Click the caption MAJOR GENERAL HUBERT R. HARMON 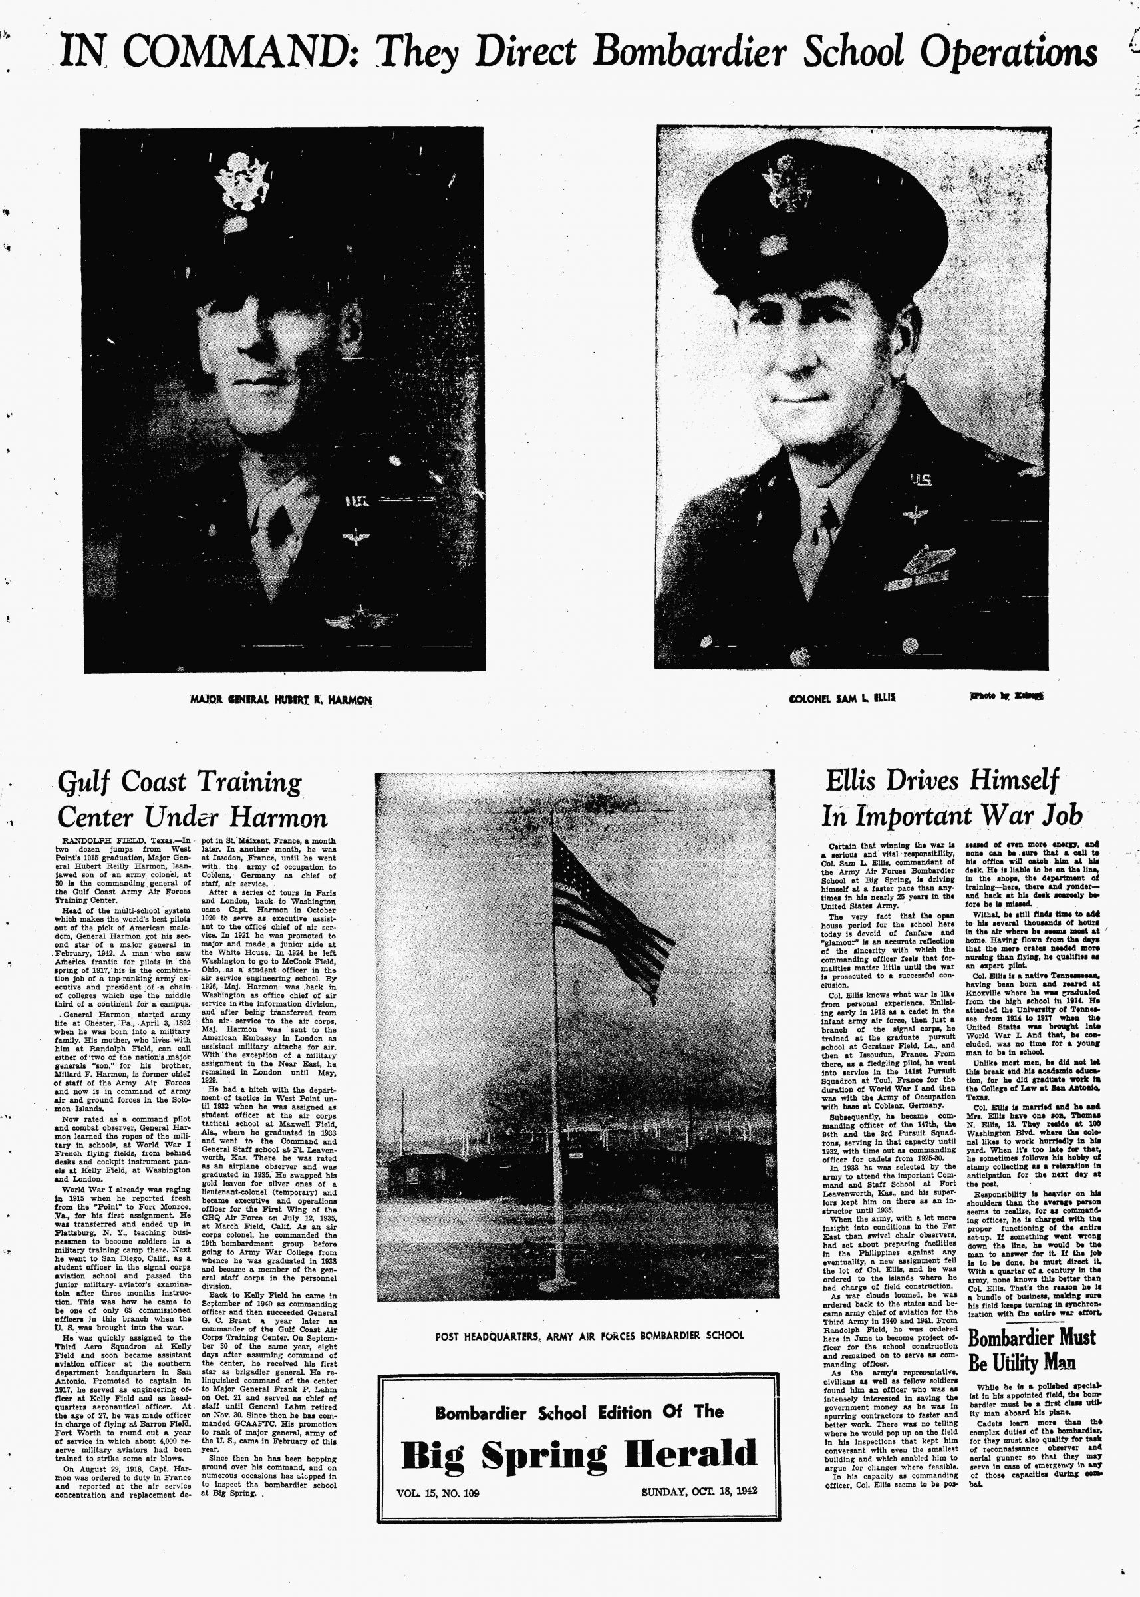[x=281, y=699]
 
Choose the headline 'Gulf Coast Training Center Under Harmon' [x=191, y=799]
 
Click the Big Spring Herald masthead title [x=579, y=1454]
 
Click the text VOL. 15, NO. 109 [x=438, y=1493]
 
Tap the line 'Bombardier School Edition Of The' [x=579, y=1412]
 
